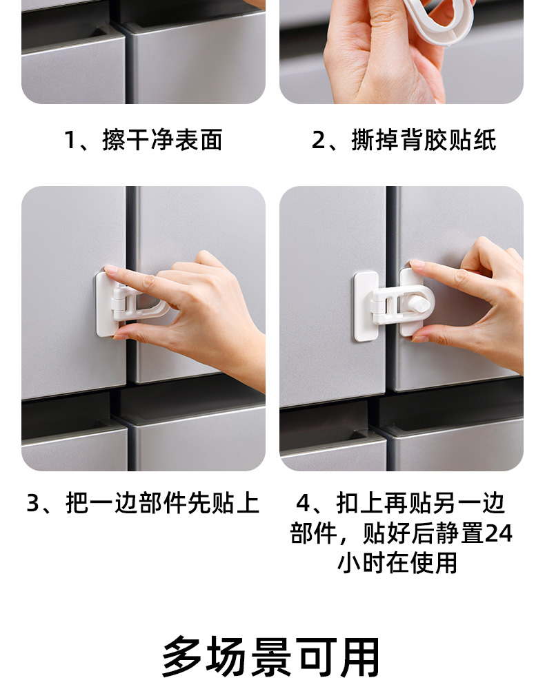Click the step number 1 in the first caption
(70, 140)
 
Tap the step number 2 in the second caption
(318, 140)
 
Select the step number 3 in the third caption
(33, 503)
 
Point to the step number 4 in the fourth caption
(303, 503)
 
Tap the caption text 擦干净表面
(162, 140)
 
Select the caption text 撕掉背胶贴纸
(424, 140)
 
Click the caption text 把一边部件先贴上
(162, 503)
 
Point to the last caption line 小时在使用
(397, 563)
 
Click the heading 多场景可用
(271, 656)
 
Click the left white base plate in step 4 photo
(366, 307)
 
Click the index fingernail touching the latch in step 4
(416, 264)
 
